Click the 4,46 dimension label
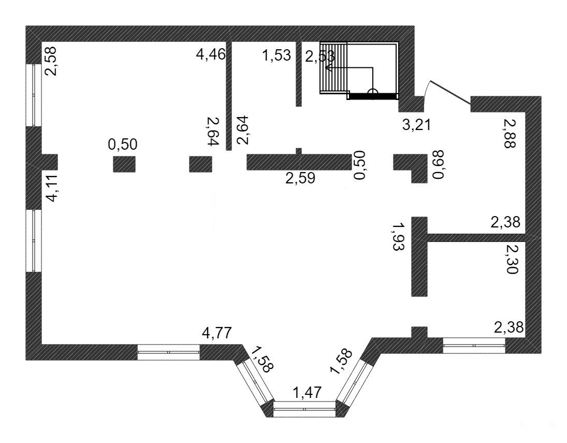click(211, 54)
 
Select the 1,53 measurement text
click(277, 55)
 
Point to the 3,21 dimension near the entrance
click(417, 125)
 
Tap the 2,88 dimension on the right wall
click(509, 134)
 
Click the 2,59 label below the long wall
click(300, 178)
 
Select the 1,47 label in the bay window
click(307, 393)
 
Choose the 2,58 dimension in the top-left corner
click(51, 61)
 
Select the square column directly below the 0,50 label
click(124, 164)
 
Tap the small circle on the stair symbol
click(372, 93)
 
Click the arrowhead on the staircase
click(329, 68)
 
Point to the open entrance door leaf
click(449, 91)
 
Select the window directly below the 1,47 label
click(304, 409)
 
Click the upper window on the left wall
click(34, 95)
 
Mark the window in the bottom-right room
click(474, 345)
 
